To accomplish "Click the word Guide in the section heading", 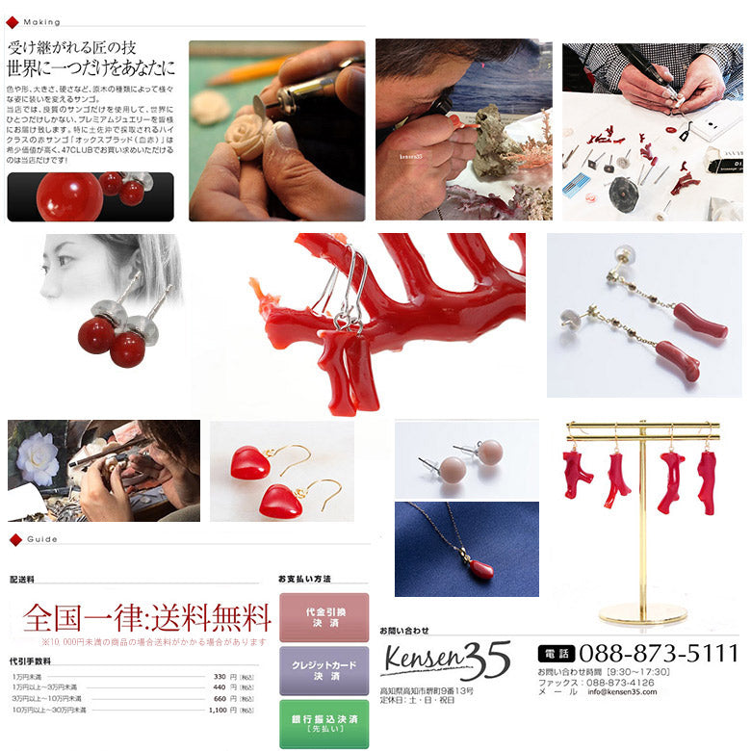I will pyautogui.click(x=41, y=539).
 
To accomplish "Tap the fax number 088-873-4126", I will pyautogui.click(x=616, y=682).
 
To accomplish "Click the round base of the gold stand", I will pyautogui.click(x=642, y=612).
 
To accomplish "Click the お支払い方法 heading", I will pyautogui.click(x=304, y=579).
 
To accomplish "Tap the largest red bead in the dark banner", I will pyautogui.click(x=69, y=196).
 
